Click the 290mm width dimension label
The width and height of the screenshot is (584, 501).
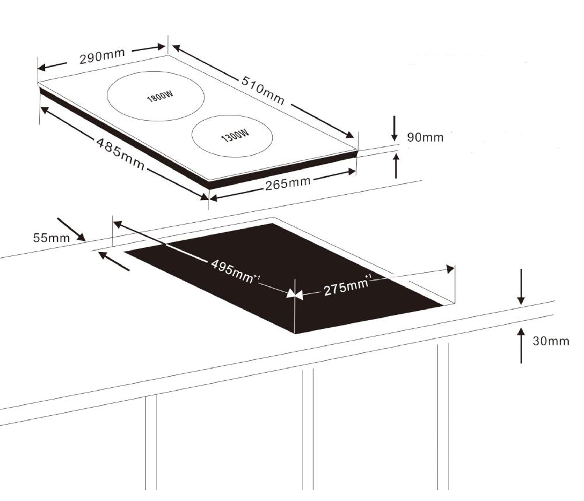(102, 57)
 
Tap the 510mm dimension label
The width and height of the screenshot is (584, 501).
(263, 90)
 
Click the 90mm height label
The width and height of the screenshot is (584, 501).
(425, 138)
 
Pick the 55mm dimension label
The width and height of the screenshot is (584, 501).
(50, 237)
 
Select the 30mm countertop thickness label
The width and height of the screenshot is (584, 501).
(550, 341)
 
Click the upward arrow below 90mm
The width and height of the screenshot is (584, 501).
(397, 164)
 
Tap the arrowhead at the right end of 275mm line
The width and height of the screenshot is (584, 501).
(450, 269)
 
